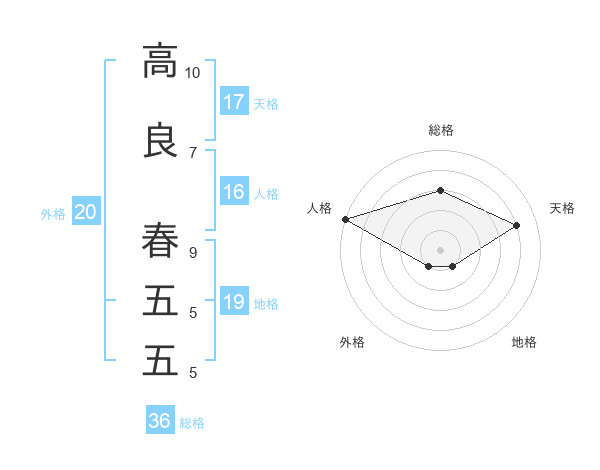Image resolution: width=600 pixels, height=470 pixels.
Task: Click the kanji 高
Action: tap(160, 60)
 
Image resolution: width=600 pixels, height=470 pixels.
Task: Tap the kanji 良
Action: tap(160, 140)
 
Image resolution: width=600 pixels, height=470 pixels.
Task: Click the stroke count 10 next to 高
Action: tap(192, 73)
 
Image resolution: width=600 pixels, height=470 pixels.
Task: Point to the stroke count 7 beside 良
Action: tap(192, 152)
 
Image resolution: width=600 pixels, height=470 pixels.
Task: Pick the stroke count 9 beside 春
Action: tap(192, 251)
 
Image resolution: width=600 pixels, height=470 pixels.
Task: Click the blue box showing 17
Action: tap(234, 102)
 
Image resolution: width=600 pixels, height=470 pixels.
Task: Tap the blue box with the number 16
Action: tap(234, 193)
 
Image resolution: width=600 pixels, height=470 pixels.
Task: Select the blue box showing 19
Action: tap(234, 302)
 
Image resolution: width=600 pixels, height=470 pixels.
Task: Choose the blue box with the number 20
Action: tap(86, 212)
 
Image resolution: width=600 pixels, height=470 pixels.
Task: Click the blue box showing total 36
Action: tap(160, 421)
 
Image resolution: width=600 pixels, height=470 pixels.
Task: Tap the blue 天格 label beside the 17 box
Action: tap(266, 103)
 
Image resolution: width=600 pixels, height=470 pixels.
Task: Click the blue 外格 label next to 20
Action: tap(53, 213)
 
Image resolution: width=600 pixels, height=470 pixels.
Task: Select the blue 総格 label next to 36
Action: tap(192, 422)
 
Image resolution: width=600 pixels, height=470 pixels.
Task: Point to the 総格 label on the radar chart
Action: tap(440, 130)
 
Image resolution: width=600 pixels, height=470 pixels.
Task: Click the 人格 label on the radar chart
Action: tap(320, 208)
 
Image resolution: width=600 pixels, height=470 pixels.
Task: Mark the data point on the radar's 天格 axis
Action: tap(517, 225)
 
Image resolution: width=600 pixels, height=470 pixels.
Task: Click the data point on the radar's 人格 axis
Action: tap(345, 219)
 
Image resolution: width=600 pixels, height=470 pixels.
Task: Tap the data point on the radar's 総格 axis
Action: tap(440, 190)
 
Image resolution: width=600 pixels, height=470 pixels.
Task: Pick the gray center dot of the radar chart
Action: tap(440, 249)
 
